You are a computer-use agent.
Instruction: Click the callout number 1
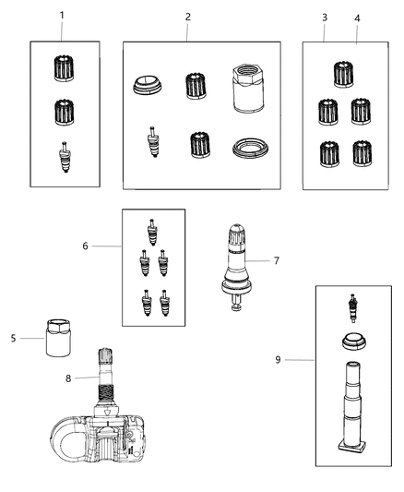pyautogui.click(x=62, y=16)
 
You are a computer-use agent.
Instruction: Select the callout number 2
pyautogui.click(x=187, y=17)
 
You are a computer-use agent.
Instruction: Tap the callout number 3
pyautogui.click(x=324, y=18)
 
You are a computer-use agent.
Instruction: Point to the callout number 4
pyautogui.click(x=357, y=18)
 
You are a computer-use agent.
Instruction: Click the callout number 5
pyautogui.click(x=14, y=338)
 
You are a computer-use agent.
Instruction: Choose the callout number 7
pyautogui.click(x=276, y=261)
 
